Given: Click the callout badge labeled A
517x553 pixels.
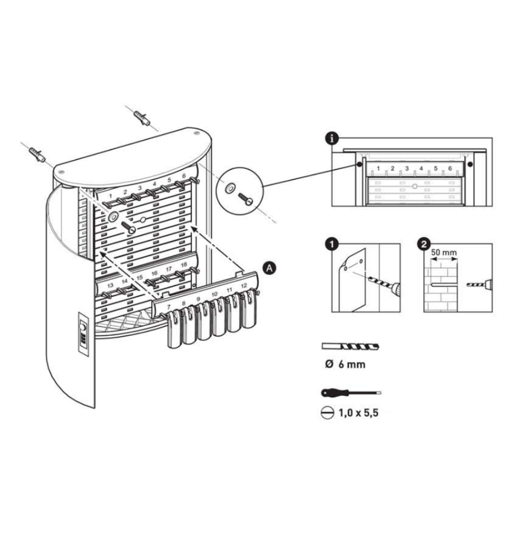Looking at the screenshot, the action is [x=269, y=268].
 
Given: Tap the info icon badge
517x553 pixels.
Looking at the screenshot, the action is [x=331, y=139].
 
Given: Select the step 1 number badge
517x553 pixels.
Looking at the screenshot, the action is [x=331, y=244].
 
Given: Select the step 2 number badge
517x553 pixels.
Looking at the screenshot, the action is [x=423, y=244].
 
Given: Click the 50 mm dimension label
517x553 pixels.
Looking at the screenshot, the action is [x=443, y=252].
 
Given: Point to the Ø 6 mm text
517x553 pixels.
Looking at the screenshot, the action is [x=345, y=364].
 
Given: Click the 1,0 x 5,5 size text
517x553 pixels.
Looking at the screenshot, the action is [x=358, y=412].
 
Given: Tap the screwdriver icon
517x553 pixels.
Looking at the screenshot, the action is [x=351, y=393].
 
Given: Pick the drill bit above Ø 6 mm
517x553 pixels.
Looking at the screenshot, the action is [x=350, y=346].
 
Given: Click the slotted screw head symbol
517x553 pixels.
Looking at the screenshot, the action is [x=327, y=413].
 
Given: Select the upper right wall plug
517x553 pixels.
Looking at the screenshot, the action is [x=142, y=118].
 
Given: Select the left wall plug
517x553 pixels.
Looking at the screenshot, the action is [x=37, y=155].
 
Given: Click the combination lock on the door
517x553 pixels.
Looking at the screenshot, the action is [x=83, y=334].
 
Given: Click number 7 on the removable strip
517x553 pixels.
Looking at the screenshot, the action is [x=168, y=307].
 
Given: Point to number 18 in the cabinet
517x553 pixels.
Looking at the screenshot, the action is [x=184, y=264].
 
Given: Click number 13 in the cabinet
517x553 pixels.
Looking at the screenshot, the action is [x=110, y=285].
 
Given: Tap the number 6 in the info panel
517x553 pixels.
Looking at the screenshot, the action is [x=450, y=168].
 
